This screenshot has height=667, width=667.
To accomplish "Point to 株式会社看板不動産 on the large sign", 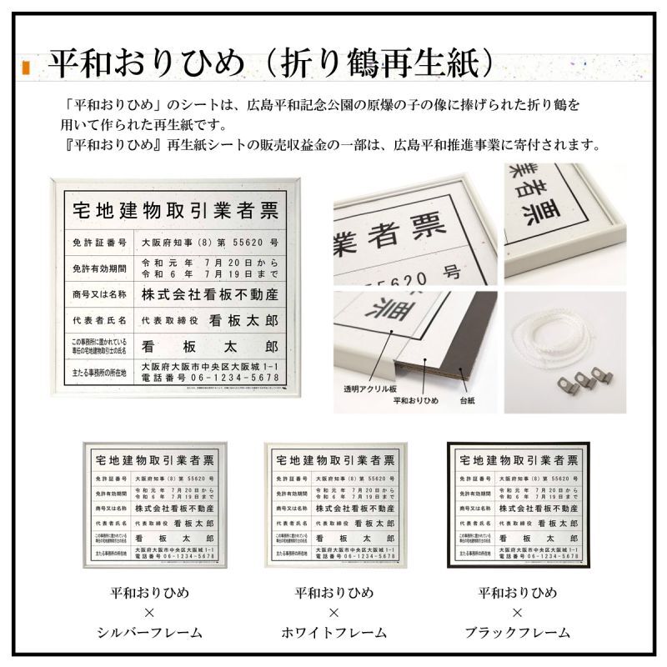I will tap(209, 294).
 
